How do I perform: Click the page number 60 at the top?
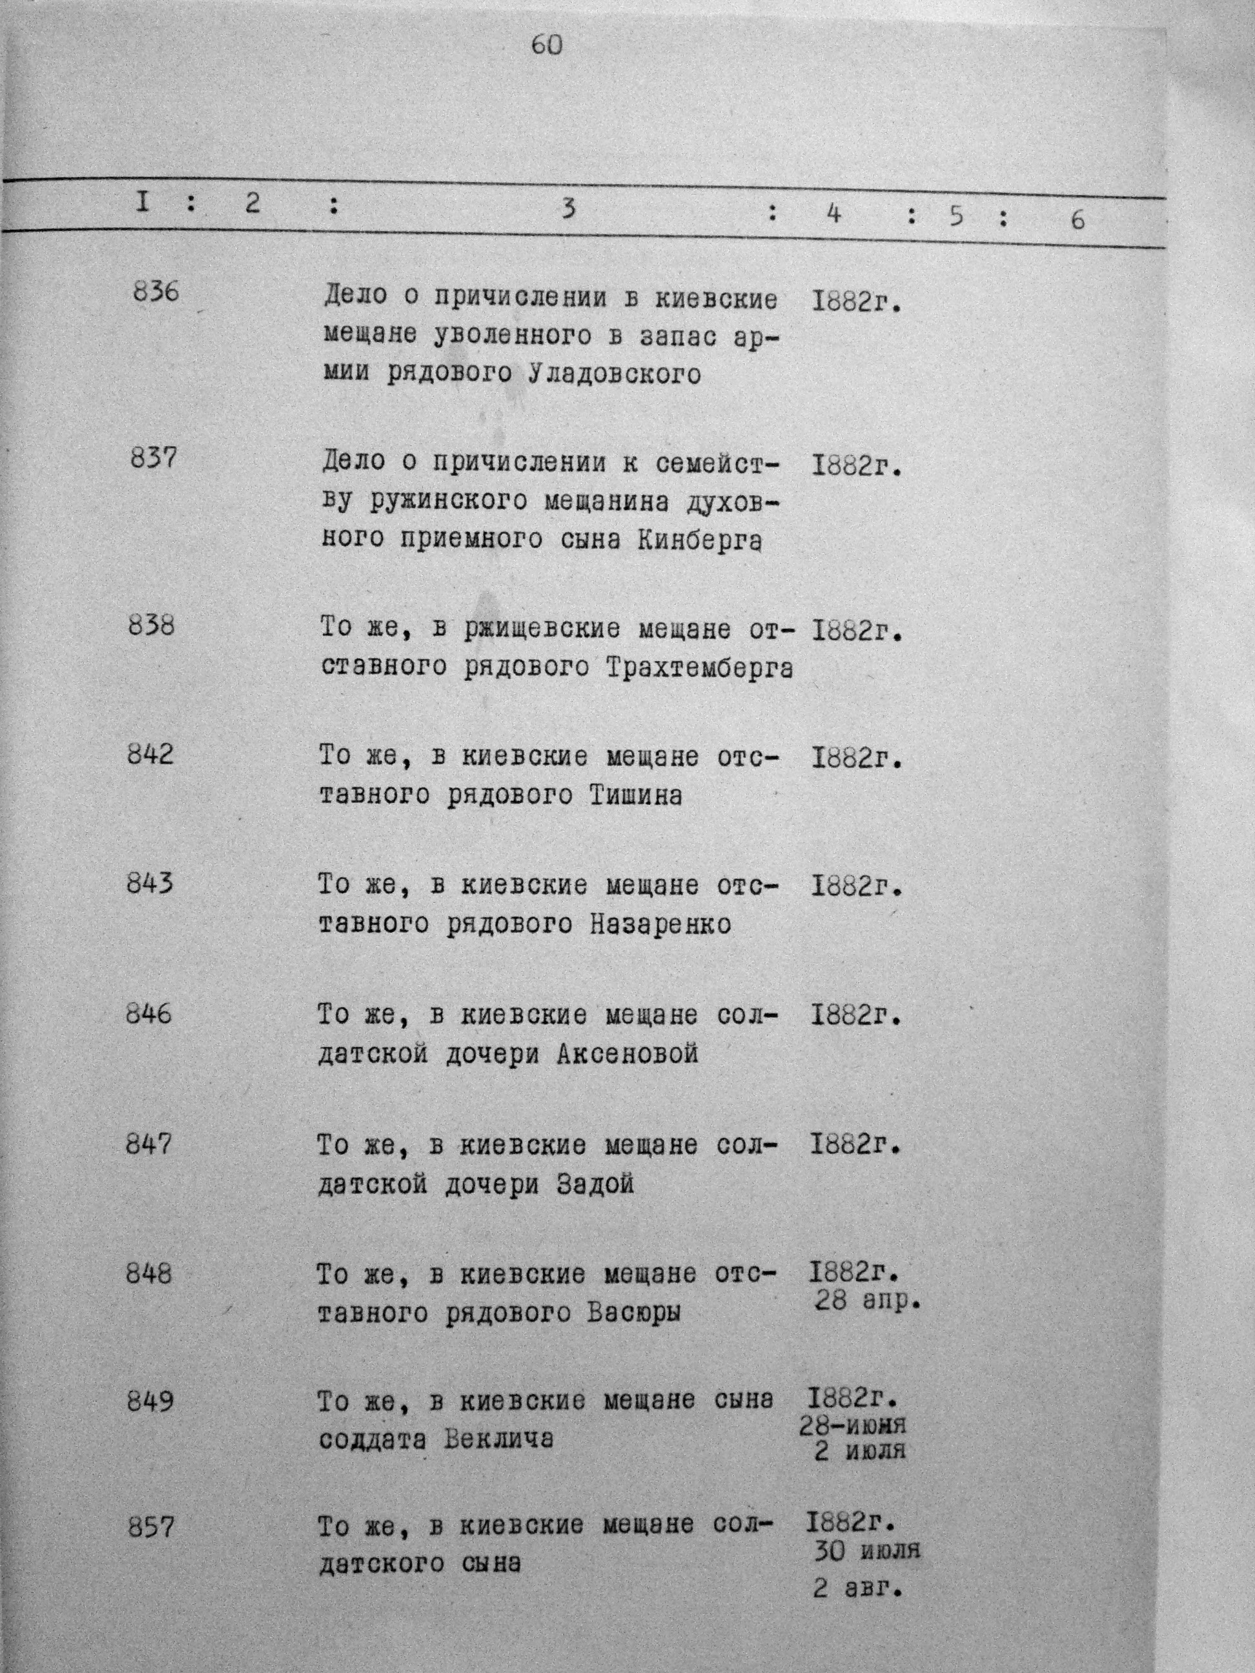(547, 45)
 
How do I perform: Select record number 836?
(156, 292)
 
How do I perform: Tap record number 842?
(150, 754)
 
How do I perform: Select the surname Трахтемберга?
(700, 668)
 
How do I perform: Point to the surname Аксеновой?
(627, 1053)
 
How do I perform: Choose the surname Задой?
(595, 1184)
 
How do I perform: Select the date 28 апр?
(868, 1302)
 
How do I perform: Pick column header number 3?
(569, 208)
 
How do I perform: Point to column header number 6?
(1077, 219)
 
